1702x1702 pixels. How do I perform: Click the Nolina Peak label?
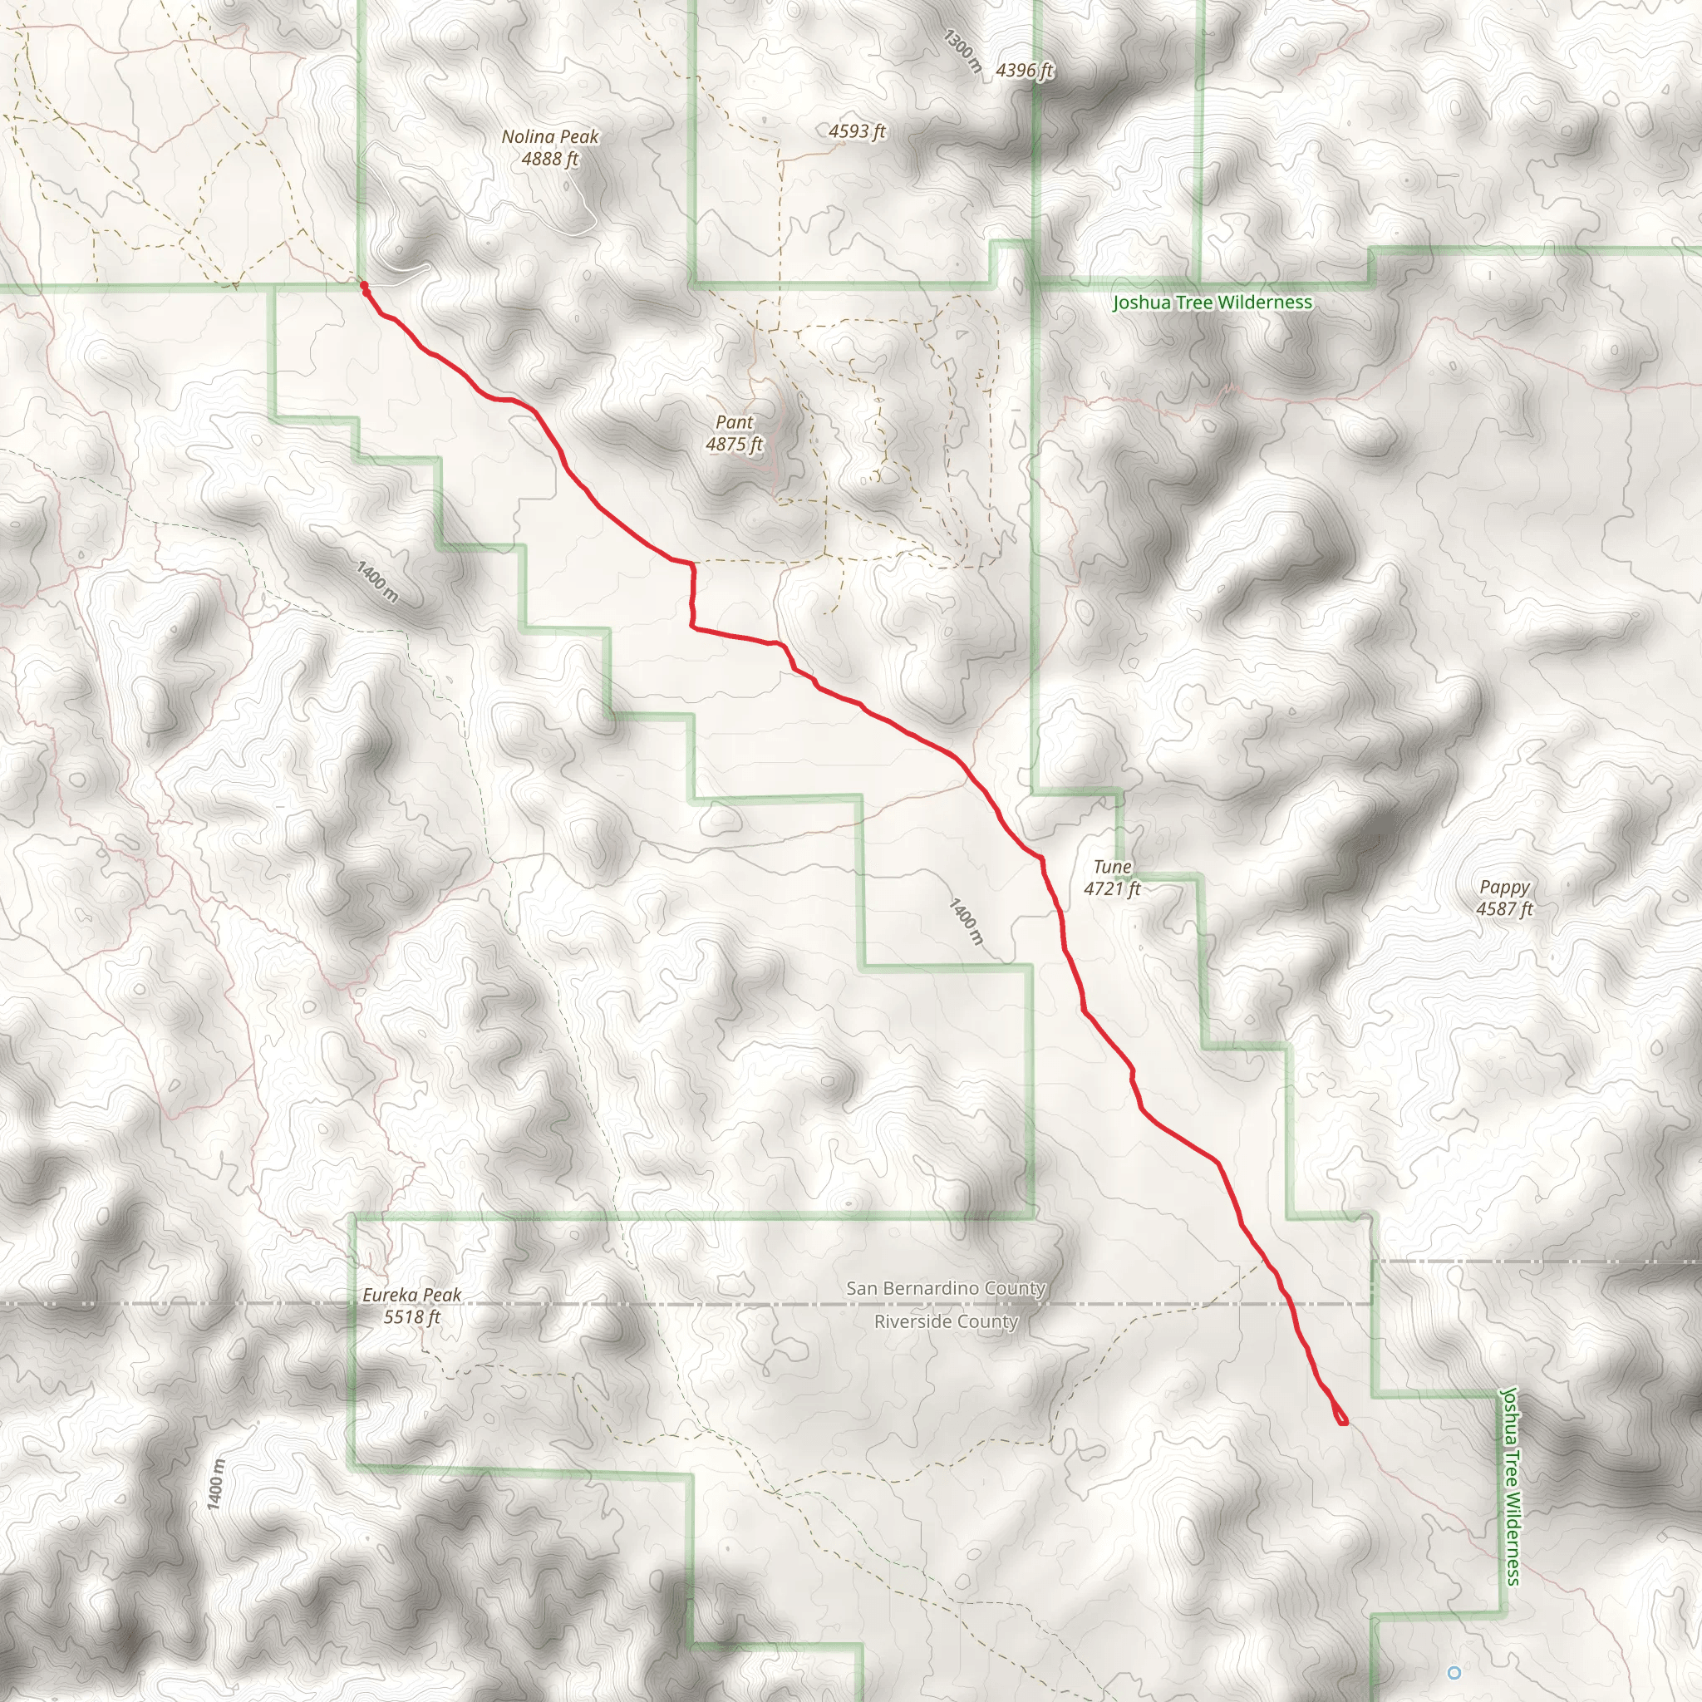(549, 136)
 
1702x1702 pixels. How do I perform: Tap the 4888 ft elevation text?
(549, 160)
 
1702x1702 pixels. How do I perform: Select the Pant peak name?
(734, 422)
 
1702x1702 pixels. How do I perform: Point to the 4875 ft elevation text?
(734, 445)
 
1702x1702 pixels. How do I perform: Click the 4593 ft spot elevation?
(856, 131)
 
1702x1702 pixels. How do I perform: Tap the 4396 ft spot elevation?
(1025, 71)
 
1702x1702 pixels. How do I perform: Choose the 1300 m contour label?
(962, 50)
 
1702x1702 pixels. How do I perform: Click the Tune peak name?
(1112, 867)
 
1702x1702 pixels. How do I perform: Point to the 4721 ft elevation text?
(1112, 889)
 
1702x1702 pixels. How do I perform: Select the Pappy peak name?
(1505, 887)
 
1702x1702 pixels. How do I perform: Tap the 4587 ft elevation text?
(1505, 909)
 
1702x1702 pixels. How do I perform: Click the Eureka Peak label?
(411, 1295)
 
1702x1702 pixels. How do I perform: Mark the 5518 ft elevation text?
(411, 1317)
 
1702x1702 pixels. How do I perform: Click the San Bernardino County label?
(945, 1288)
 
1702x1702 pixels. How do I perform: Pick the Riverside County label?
(945, 1321)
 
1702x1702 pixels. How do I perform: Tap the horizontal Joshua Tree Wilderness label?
(1213, 303)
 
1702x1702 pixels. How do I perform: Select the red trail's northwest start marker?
(364, 285)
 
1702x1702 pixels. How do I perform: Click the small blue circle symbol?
(1454, 1672)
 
